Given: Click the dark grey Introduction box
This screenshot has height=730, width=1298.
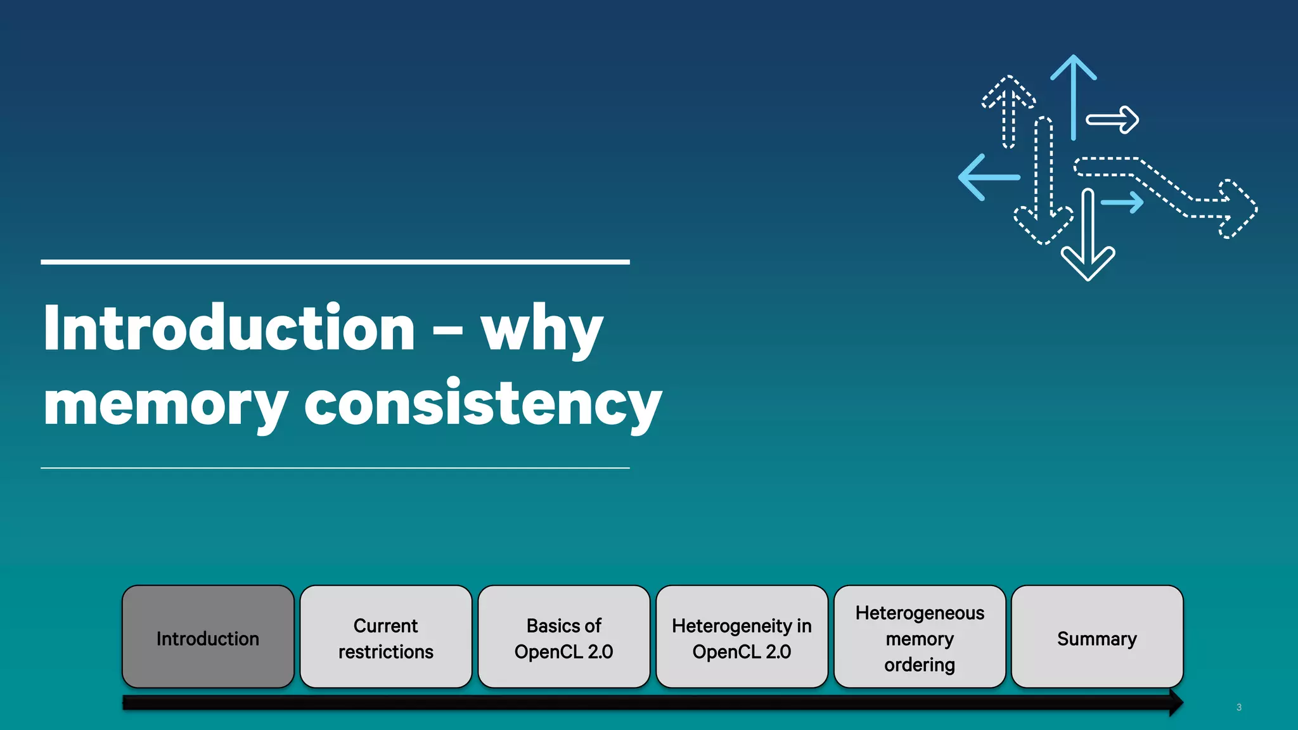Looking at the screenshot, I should click(208, 637).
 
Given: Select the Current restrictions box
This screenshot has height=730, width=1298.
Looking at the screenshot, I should click(386, 637).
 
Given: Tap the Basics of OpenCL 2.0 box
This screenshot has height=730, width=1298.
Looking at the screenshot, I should click(564, 637).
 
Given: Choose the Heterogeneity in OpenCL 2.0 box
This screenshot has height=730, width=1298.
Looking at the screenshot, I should click(742, 637).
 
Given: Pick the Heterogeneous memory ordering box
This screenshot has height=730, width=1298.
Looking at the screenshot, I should click(920, 637).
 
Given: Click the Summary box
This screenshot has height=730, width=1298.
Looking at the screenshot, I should click(1097, 637).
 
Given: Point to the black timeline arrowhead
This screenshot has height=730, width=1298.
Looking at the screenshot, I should click(1175, 703).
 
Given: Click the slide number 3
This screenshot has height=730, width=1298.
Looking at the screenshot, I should click(1238, 707).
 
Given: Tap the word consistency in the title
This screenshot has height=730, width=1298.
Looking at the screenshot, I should click(483, 404).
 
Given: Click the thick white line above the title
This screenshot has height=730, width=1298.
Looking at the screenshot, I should click(335, 262).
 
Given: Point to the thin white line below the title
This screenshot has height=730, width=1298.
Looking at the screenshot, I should click(335, 468).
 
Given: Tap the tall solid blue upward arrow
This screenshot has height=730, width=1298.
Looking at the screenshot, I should click(1073, 95).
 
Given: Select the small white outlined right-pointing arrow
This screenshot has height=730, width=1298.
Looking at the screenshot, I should click(1114, 120).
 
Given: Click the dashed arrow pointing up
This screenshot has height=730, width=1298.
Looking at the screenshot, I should click(1008, 111).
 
